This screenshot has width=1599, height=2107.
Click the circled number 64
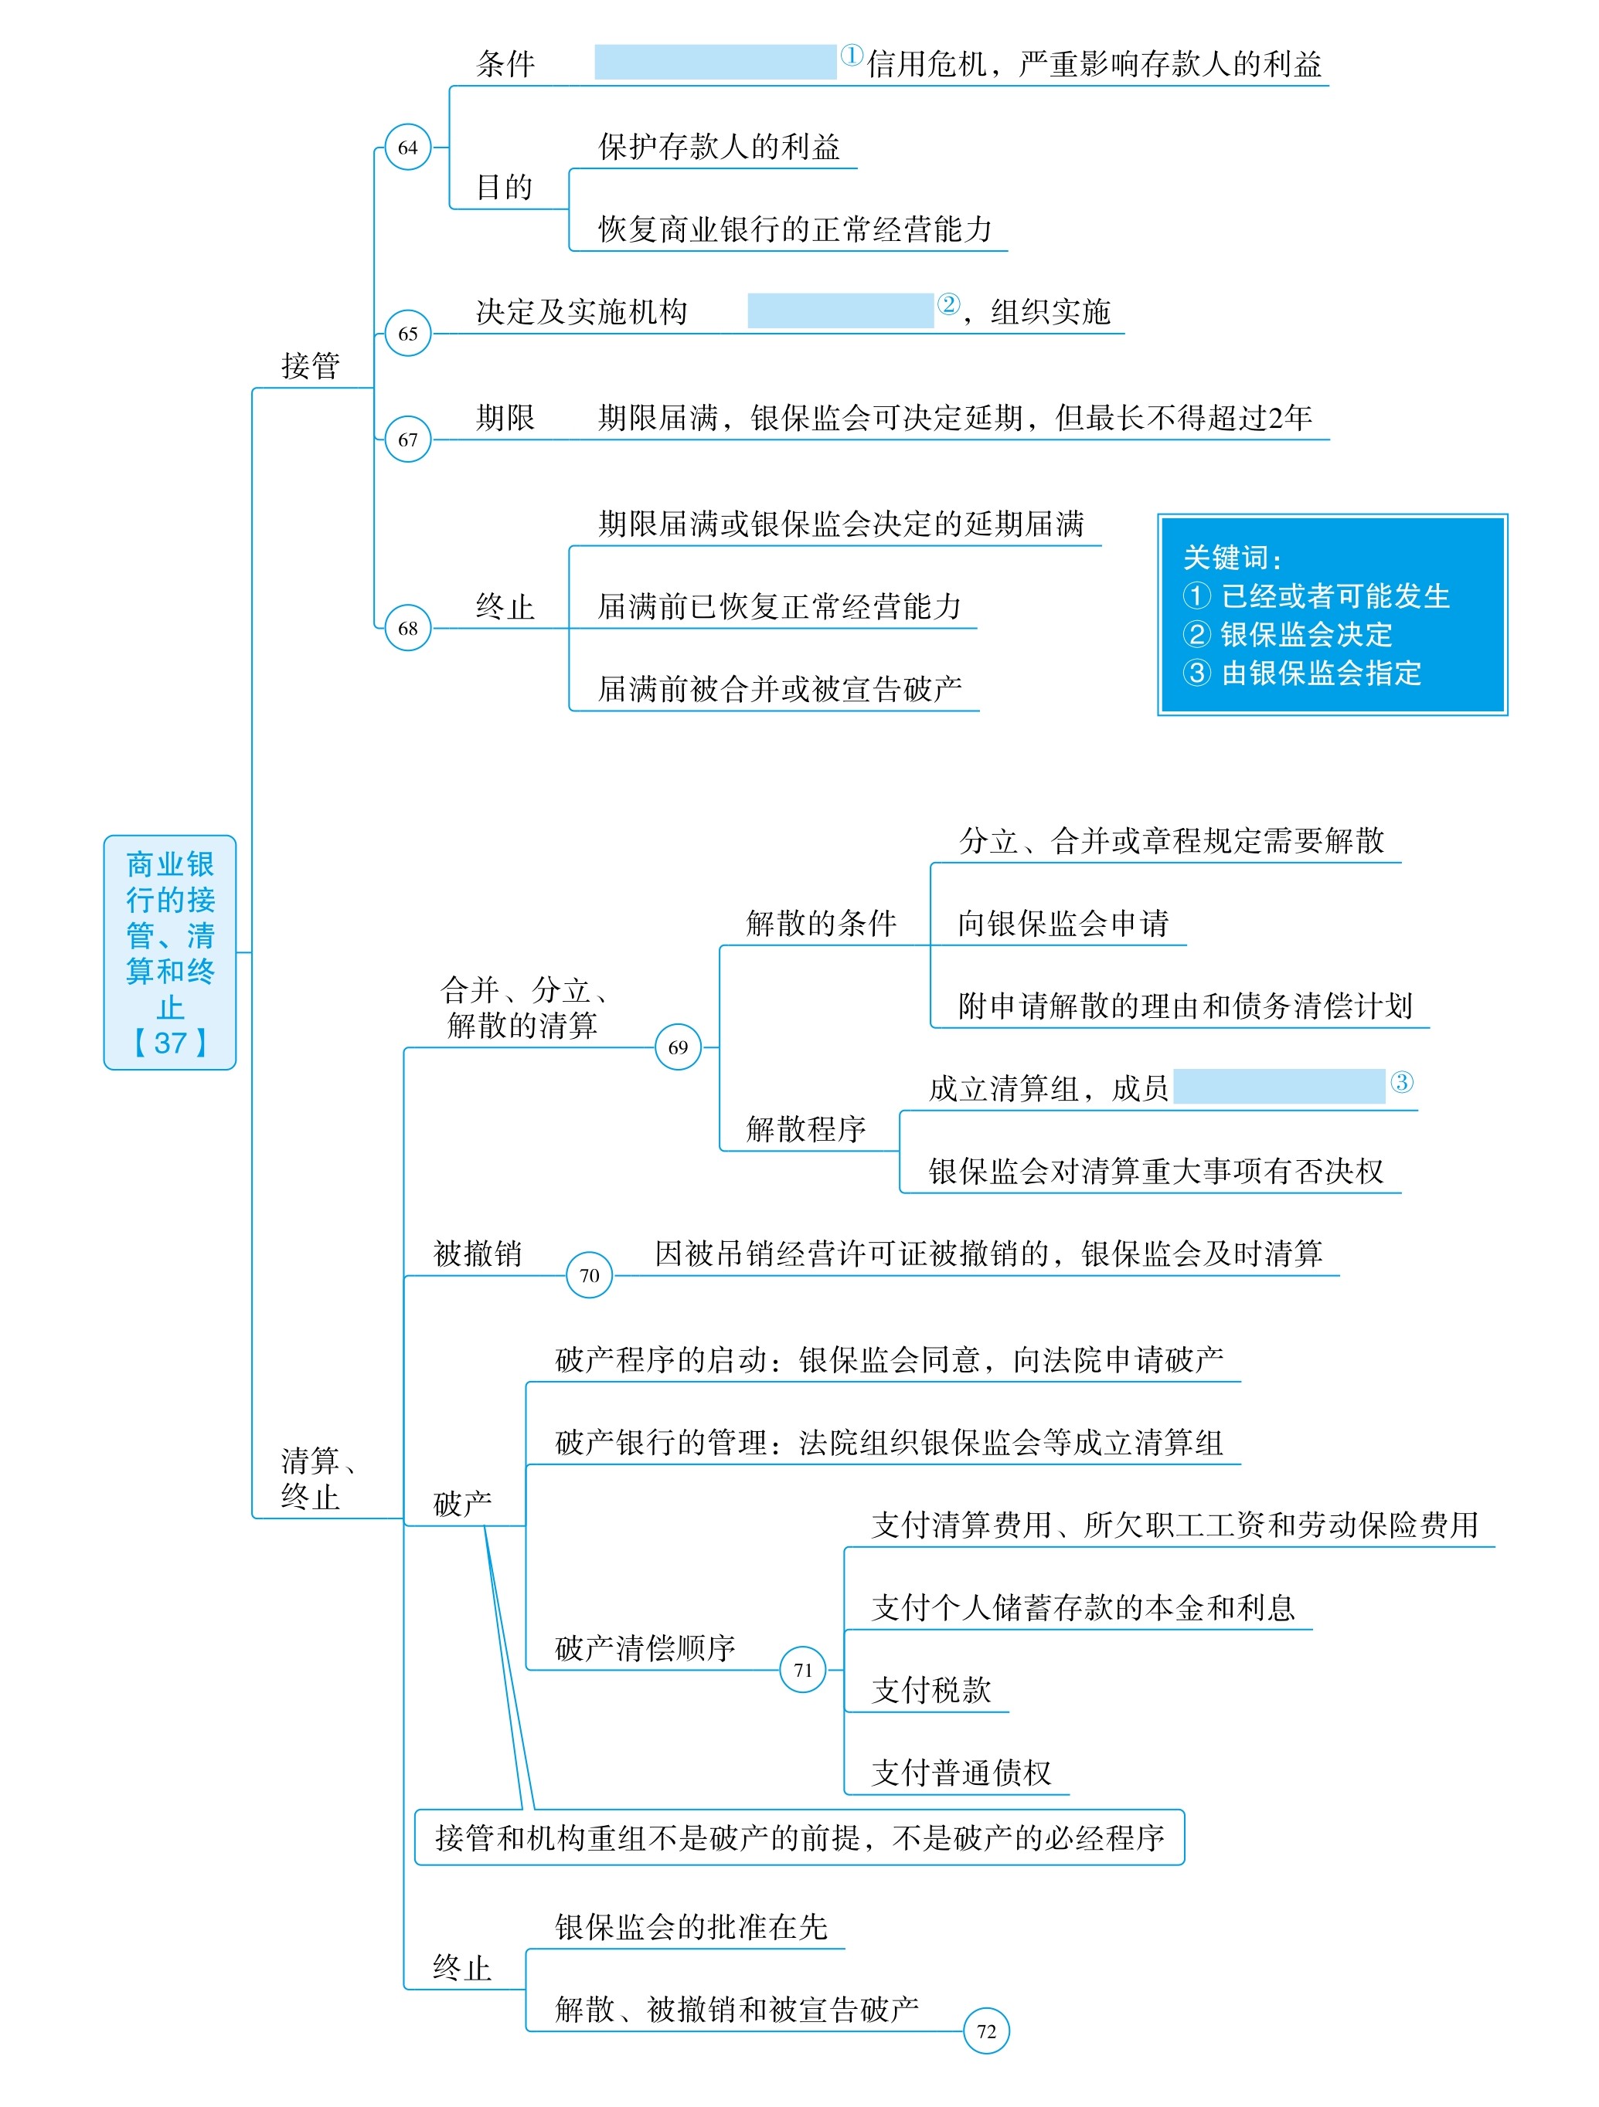coord(408,148)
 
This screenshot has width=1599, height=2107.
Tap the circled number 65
coord(408,334)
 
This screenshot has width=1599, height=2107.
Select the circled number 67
coord(408,439)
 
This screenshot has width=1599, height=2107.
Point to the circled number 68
coord(408,628)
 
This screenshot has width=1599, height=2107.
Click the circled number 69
coord(678,1047)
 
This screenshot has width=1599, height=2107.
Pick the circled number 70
coord(589,1274)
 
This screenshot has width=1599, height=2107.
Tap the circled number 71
coord(802,1669)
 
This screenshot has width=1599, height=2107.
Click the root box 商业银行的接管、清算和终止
coord(169,952)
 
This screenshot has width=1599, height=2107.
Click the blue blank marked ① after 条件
coord(715,62)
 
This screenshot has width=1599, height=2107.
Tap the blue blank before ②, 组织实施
coord(839,310)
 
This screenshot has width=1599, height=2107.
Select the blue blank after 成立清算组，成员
coord(1279,1086)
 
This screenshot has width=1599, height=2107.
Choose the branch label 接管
coord(311,366)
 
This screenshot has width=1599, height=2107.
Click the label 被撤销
coord(478,1254)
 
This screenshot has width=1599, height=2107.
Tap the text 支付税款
coord(931,1690)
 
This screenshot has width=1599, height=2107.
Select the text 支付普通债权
coord(961,1773)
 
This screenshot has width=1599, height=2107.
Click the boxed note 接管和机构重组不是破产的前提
coord(799,1837)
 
